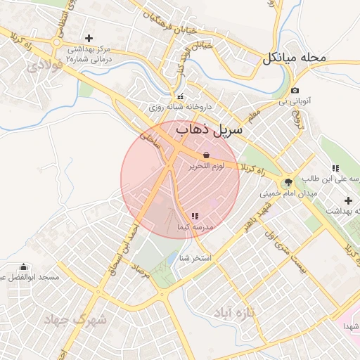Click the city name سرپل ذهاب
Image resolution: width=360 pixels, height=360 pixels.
(x=209, y=130)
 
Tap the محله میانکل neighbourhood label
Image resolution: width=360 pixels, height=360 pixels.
(x=295, y=58)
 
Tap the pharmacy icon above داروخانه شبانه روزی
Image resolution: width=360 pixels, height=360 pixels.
(x=181, y=96)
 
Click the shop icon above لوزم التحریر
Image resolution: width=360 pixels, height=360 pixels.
(x=206, y=155)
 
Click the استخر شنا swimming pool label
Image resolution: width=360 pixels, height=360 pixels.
(x=196, y=258)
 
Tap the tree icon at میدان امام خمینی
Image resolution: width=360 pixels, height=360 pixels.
(x=288, y=181)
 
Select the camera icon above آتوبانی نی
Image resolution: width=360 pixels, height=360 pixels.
(x=295, y=90)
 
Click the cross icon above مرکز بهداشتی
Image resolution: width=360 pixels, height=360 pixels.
(x=89, y=38)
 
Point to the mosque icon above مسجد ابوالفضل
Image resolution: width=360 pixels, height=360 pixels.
(x=24, y=266)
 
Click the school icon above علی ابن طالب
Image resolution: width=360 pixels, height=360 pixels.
(x=336, y=167)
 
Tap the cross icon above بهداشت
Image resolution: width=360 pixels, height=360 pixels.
(x=347, y=201)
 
